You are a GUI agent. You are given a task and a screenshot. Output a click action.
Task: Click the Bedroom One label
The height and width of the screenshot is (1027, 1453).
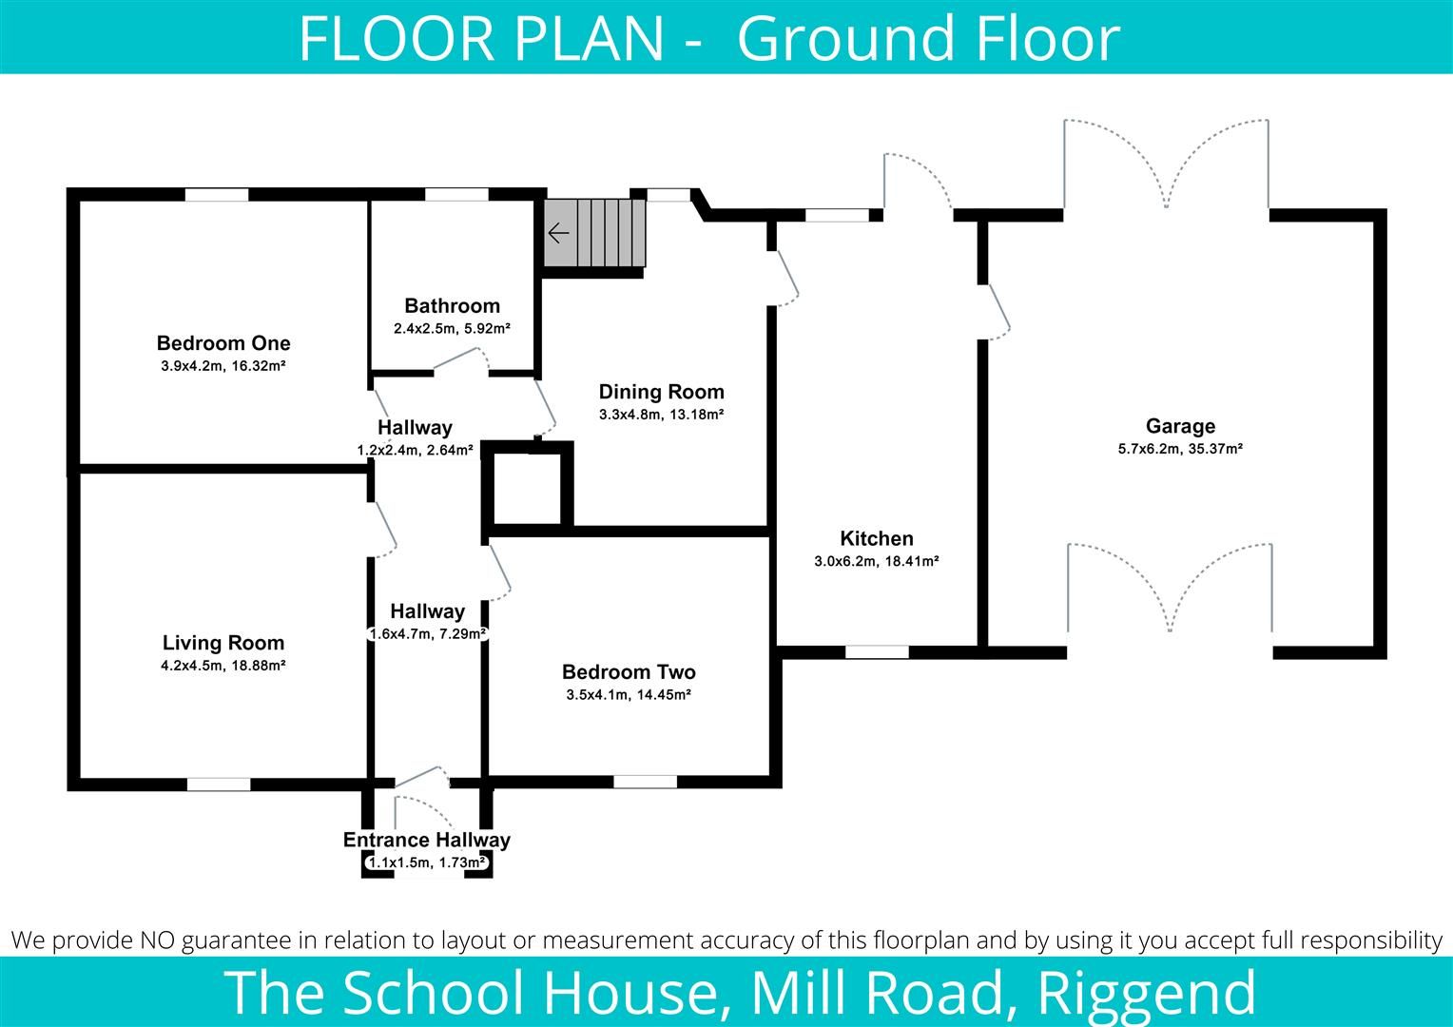click(223, 343)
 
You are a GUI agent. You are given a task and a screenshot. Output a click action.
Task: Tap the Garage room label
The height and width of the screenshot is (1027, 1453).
click(1180, 426)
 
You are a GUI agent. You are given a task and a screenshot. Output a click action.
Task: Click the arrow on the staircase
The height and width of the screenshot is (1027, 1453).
click(558, 233)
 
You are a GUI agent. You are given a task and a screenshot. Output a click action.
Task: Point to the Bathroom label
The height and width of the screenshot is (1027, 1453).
click(452, 305)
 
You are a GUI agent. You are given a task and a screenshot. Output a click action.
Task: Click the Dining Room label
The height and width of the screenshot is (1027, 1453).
click(661, 392)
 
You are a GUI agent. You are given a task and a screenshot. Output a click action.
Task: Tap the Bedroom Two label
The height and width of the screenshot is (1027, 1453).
click(629, 672)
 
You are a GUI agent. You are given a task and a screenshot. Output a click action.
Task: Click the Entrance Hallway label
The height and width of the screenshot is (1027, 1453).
click(427, 840)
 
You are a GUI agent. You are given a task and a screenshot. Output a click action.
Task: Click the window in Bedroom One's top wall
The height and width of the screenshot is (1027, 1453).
click(217, 195)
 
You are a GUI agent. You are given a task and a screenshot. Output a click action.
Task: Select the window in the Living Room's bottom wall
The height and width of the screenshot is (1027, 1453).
click(219, 785)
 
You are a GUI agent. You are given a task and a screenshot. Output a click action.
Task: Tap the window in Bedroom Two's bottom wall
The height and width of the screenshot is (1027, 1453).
click(645, 782)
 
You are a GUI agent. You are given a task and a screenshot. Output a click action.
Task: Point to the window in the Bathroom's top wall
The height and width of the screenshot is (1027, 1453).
click(456, 195)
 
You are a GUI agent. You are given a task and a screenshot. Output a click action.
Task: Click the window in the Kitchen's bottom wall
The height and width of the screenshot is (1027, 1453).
click(877, 652)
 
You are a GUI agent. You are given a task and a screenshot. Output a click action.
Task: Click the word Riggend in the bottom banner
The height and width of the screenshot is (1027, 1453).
click(1147, 992)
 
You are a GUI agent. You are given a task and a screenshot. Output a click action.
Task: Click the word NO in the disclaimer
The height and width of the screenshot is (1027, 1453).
click(158, 940)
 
